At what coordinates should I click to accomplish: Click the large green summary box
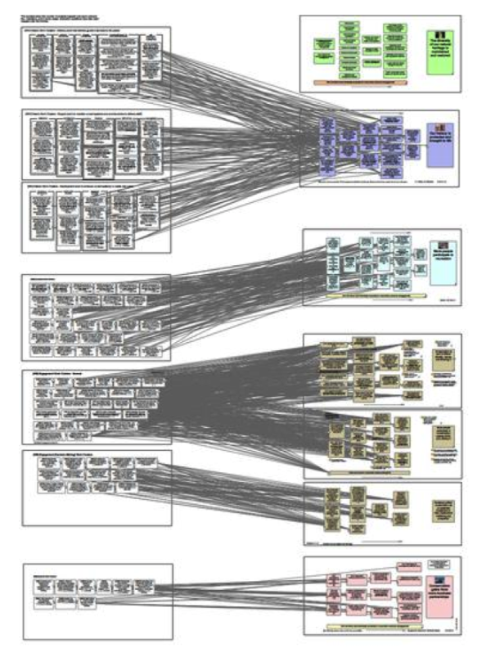point(440,49)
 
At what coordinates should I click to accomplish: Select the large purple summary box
point(441,140)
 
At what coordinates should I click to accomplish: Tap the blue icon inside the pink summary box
point(440,574)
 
